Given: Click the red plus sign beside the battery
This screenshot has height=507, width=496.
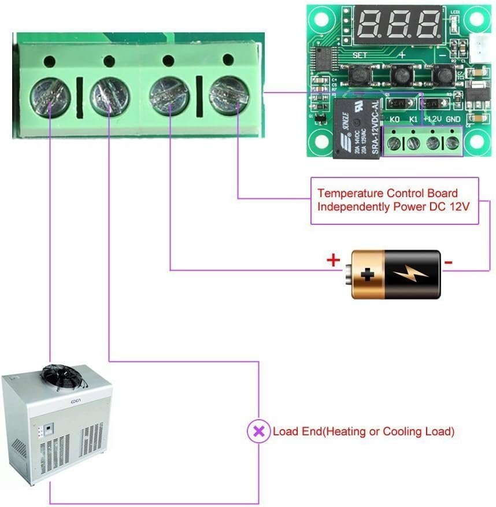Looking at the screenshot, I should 333,260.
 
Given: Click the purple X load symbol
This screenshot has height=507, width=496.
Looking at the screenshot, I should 258,431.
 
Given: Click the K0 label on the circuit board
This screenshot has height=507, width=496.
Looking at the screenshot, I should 395,120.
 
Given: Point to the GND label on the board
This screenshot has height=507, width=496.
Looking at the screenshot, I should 453,120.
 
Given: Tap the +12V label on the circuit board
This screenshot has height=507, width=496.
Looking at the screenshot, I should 432,120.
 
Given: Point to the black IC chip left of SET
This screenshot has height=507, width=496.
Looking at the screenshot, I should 324,58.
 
